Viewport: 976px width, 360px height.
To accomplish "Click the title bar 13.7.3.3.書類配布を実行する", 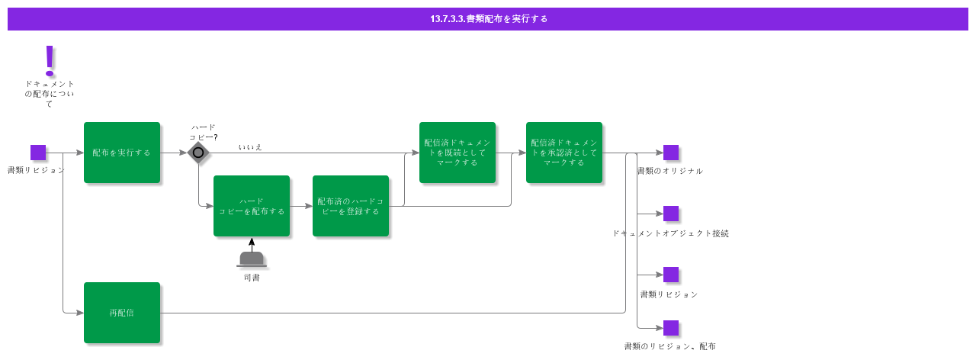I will pyautogui.click(x=488, y=19).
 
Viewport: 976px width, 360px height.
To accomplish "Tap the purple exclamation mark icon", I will pyautogui.click(x=50, y=59).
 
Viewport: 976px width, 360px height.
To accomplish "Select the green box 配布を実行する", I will pyautogui.click(x=122, y=153).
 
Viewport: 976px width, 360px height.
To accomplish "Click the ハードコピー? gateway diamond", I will pyautogui.click(x=198, y=153).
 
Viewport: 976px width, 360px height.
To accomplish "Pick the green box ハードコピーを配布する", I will pyautogui.click(x=252, y=206).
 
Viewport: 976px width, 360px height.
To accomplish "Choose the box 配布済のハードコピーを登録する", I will pyautogui.click(x=351, y=206).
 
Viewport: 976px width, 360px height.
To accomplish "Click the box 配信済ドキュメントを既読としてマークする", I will pyautogui.click(x=457, y=153).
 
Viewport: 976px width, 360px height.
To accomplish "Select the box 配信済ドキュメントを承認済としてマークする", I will pyautogui.click(x=564, y=153).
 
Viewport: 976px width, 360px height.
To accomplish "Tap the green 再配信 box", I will pyautogui.click(x=122, y=313).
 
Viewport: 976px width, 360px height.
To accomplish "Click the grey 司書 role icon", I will pyautogui.click(x=252, y=259).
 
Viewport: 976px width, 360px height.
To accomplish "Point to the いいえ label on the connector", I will pyautogui.click(x=250, y=146).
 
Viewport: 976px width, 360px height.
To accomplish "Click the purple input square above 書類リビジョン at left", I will pyautogui.click(x=38, y=153).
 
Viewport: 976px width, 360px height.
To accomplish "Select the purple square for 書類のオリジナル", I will pyautogui.click(x=671, y=153).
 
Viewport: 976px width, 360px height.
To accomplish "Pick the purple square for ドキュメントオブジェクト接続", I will pyautogui.click(x=671, y=214).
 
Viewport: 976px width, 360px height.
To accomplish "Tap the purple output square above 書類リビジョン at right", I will pyautogui.click(x=671, y=275).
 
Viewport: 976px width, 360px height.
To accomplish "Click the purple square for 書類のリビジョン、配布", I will pyautogui.click(x=671, y=328).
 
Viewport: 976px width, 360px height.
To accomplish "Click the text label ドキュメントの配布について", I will pyautogui.click(x=50, y=94).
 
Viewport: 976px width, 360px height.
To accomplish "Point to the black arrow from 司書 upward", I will pyautogui.click(x=252, y=244).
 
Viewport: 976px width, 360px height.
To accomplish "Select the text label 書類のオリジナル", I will pyautogui.click(x=670, y=171).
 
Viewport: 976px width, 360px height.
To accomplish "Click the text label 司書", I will pyautogui.click(x=252, y=278).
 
